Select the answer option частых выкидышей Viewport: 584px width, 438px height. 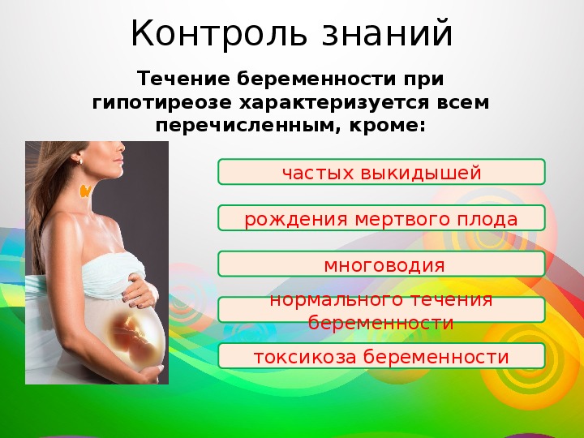coord(382,172)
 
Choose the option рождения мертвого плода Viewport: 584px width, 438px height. coord(382,218)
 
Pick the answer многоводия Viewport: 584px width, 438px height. coord(382,264)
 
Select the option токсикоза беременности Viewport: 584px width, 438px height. coord(382,356)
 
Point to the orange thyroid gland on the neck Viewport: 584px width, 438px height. coord(86,191)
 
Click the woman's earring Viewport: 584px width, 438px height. coord(79,161)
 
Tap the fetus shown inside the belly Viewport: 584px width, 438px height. coord(134,335)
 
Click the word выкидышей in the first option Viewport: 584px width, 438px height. coord(421,174)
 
